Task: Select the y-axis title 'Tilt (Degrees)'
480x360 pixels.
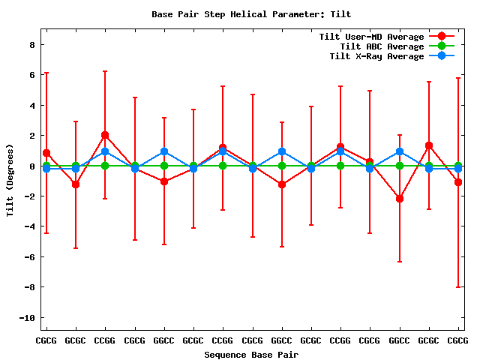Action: pos(10,180)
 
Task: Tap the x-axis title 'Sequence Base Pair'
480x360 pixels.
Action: pos(251,354)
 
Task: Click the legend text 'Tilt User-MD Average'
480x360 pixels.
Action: pos(371,37)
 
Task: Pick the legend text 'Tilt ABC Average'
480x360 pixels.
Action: pos(382,46)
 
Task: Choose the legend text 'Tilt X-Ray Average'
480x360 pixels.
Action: pos(376,56)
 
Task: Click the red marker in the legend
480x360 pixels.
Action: pos(442,37)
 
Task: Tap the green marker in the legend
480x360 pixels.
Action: pos(442,46)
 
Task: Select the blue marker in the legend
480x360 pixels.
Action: pos(442,56)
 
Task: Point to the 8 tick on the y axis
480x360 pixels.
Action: pos(32,44)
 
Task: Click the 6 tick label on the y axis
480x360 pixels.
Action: pos(32,75)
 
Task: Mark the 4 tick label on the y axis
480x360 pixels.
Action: pos(32,105)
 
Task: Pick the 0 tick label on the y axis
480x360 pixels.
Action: pos(32,166)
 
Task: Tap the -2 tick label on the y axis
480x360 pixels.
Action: pos(30,196)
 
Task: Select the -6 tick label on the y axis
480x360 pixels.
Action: pos(30,257)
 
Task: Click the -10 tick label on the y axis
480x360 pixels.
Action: pos(27,318)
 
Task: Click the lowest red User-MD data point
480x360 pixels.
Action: pos(400,199)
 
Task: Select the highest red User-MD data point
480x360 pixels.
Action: pos(105,135)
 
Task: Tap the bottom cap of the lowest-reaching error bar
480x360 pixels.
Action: pos(458,287)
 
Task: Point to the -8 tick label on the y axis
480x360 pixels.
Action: pos(30,287)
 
